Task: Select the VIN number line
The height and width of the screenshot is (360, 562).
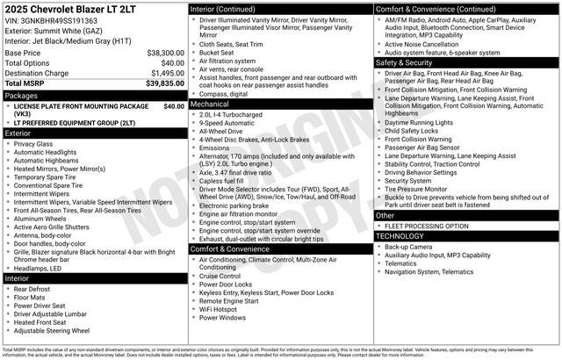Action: click(50, 20)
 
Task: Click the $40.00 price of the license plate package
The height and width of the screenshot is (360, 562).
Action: click(174, 105)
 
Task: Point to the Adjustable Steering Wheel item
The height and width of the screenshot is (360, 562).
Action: click(52, 331)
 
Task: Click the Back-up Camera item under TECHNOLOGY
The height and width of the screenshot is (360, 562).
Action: click(409, 247)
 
